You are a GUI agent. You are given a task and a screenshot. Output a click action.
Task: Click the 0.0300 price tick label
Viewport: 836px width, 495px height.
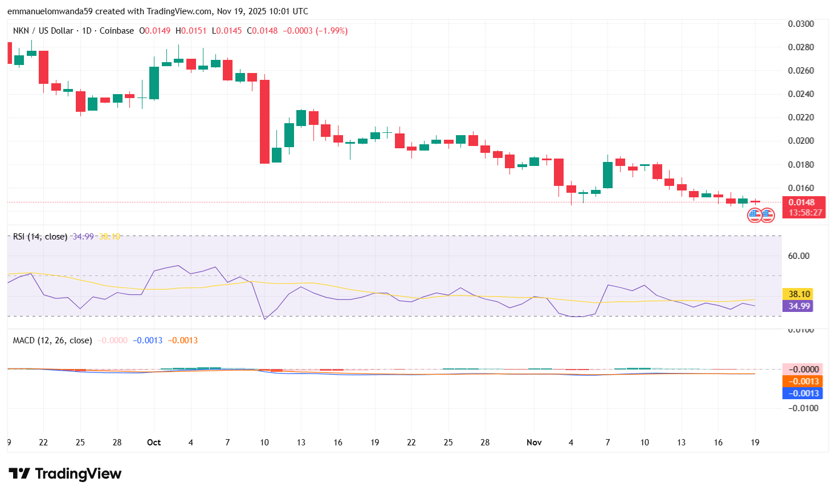800,24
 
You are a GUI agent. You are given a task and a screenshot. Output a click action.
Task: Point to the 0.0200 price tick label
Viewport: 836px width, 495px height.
800,141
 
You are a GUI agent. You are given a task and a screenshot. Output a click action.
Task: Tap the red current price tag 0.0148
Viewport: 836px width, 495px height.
802,202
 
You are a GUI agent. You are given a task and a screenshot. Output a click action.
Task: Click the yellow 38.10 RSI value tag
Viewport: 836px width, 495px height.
798,294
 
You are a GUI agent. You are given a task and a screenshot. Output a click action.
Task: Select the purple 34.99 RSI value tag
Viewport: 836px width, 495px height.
798,306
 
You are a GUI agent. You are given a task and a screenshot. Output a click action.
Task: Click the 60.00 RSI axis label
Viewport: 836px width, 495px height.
798,256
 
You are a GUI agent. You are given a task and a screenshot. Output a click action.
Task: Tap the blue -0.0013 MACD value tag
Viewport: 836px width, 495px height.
802,393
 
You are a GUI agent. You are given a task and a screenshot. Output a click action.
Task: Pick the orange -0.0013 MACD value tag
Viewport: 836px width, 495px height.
802,382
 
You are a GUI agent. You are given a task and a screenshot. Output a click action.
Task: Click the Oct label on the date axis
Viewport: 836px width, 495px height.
154,443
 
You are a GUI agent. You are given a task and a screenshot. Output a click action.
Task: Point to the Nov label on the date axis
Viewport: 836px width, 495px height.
534,443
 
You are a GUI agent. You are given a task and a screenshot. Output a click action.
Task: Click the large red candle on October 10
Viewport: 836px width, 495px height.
264,121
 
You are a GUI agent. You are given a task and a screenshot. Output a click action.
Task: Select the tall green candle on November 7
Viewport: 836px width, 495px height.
607,175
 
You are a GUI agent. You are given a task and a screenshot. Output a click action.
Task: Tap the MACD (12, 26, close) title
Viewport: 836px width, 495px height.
52,340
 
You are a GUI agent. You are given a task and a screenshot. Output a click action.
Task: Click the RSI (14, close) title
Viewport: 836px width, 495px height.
40,237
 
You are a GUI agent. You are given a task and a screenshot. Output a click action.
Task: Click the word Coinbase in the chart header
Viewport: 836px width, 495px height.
117,31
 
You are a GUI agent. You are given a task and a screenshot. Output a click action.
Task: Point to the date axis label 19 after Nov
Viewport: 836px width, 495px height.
755,443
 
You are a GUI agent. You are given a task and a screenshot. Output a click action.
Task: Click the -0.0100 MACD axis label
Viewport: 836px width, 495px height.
802,408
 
